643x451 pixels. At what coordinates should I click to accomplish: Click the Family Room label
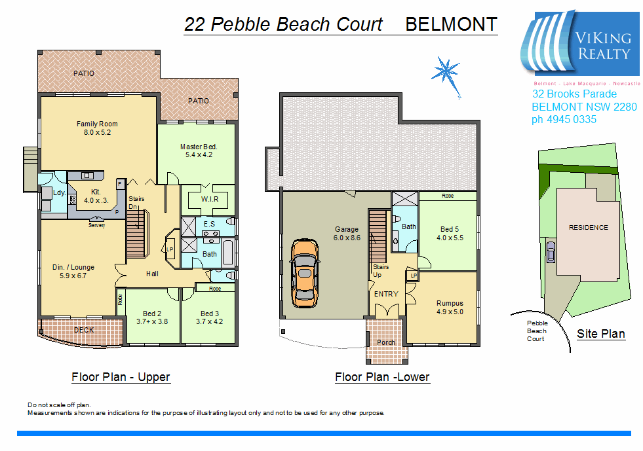point(97,124)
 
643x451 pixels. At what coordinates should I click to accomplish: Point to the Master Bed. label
point(198,147)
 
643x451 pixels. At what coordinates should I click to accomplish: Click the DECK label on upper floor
point(83,330)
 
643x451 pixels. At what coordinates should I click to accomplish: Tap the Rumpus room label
point(450,303)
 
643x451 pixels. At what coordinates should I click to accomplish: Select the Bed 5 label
point(450,229)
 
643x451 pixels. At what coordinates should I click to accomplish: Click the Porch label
point(385,342)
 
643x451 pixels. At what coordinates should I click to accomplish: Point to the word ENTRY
point(385,294)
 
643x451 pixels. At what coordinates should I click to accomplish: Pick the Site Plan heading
point(600,334)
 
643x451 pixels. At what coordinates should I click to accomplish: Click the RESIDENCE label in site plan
point(588,228)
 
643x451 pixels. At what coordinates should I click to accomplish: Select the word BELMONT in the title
point(451,25)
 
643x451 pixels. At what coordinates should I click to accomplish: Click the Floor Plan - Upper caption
point(121,377)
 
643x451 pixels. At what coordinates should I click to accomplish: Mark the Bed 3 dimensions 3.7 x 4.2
point(209,321)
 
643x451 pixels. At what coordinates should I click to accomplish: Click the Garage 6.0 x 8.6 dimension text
point(347,238)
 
